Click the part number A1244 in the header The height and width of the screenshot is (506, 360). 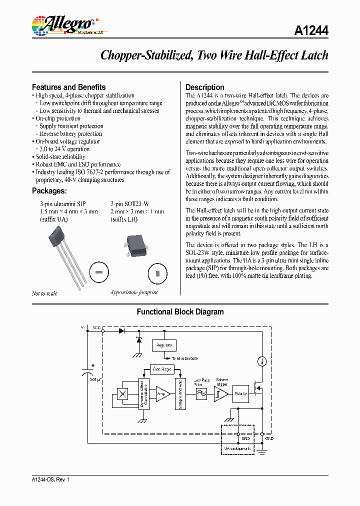click(x=311, y=31)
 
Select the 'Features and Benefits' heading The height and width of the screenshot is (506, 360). click(x=68, y=87)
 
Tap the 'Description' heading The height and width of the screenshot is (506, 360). click(x=204, y=87)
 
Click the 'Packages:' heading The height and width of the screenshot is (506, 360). click(x=49, y=190)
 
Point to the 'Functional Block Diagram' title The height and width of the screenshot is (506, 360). click(x=180, y=312)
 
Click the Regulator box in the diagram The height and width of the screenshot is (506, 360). click(x=164, y=345)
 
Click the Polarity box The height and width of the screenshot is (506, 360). click(x=241, y=393)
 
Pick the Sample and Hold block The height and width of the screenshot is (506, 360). click(x=180, y=393)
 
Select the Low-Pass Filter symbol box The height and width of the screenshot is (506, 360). click(x=201, y=394)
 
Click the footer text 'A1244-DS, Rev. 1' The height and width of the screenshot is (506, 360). click(x=50, y=479)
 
